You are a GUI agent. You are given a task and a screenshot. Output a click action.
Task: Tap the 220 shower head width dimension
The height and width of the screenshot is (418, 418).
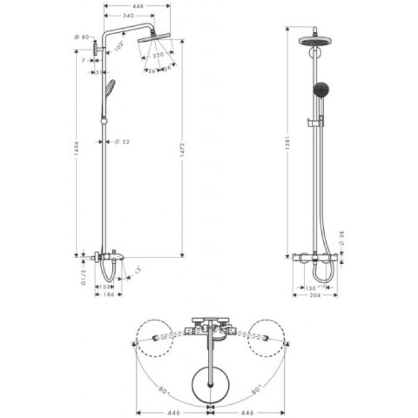[158, 55]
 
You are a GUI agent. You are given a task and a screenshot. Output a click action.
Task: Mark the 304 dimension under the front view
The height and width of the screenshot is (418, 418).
[315, 296]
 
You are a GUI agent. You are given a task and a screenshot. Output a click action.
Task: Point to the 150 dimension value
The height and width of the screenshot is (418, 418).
[310, 287]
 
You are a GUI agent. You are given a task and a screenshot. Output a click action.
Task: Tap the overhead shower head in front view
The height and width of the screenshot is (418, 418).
[314, 41]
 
